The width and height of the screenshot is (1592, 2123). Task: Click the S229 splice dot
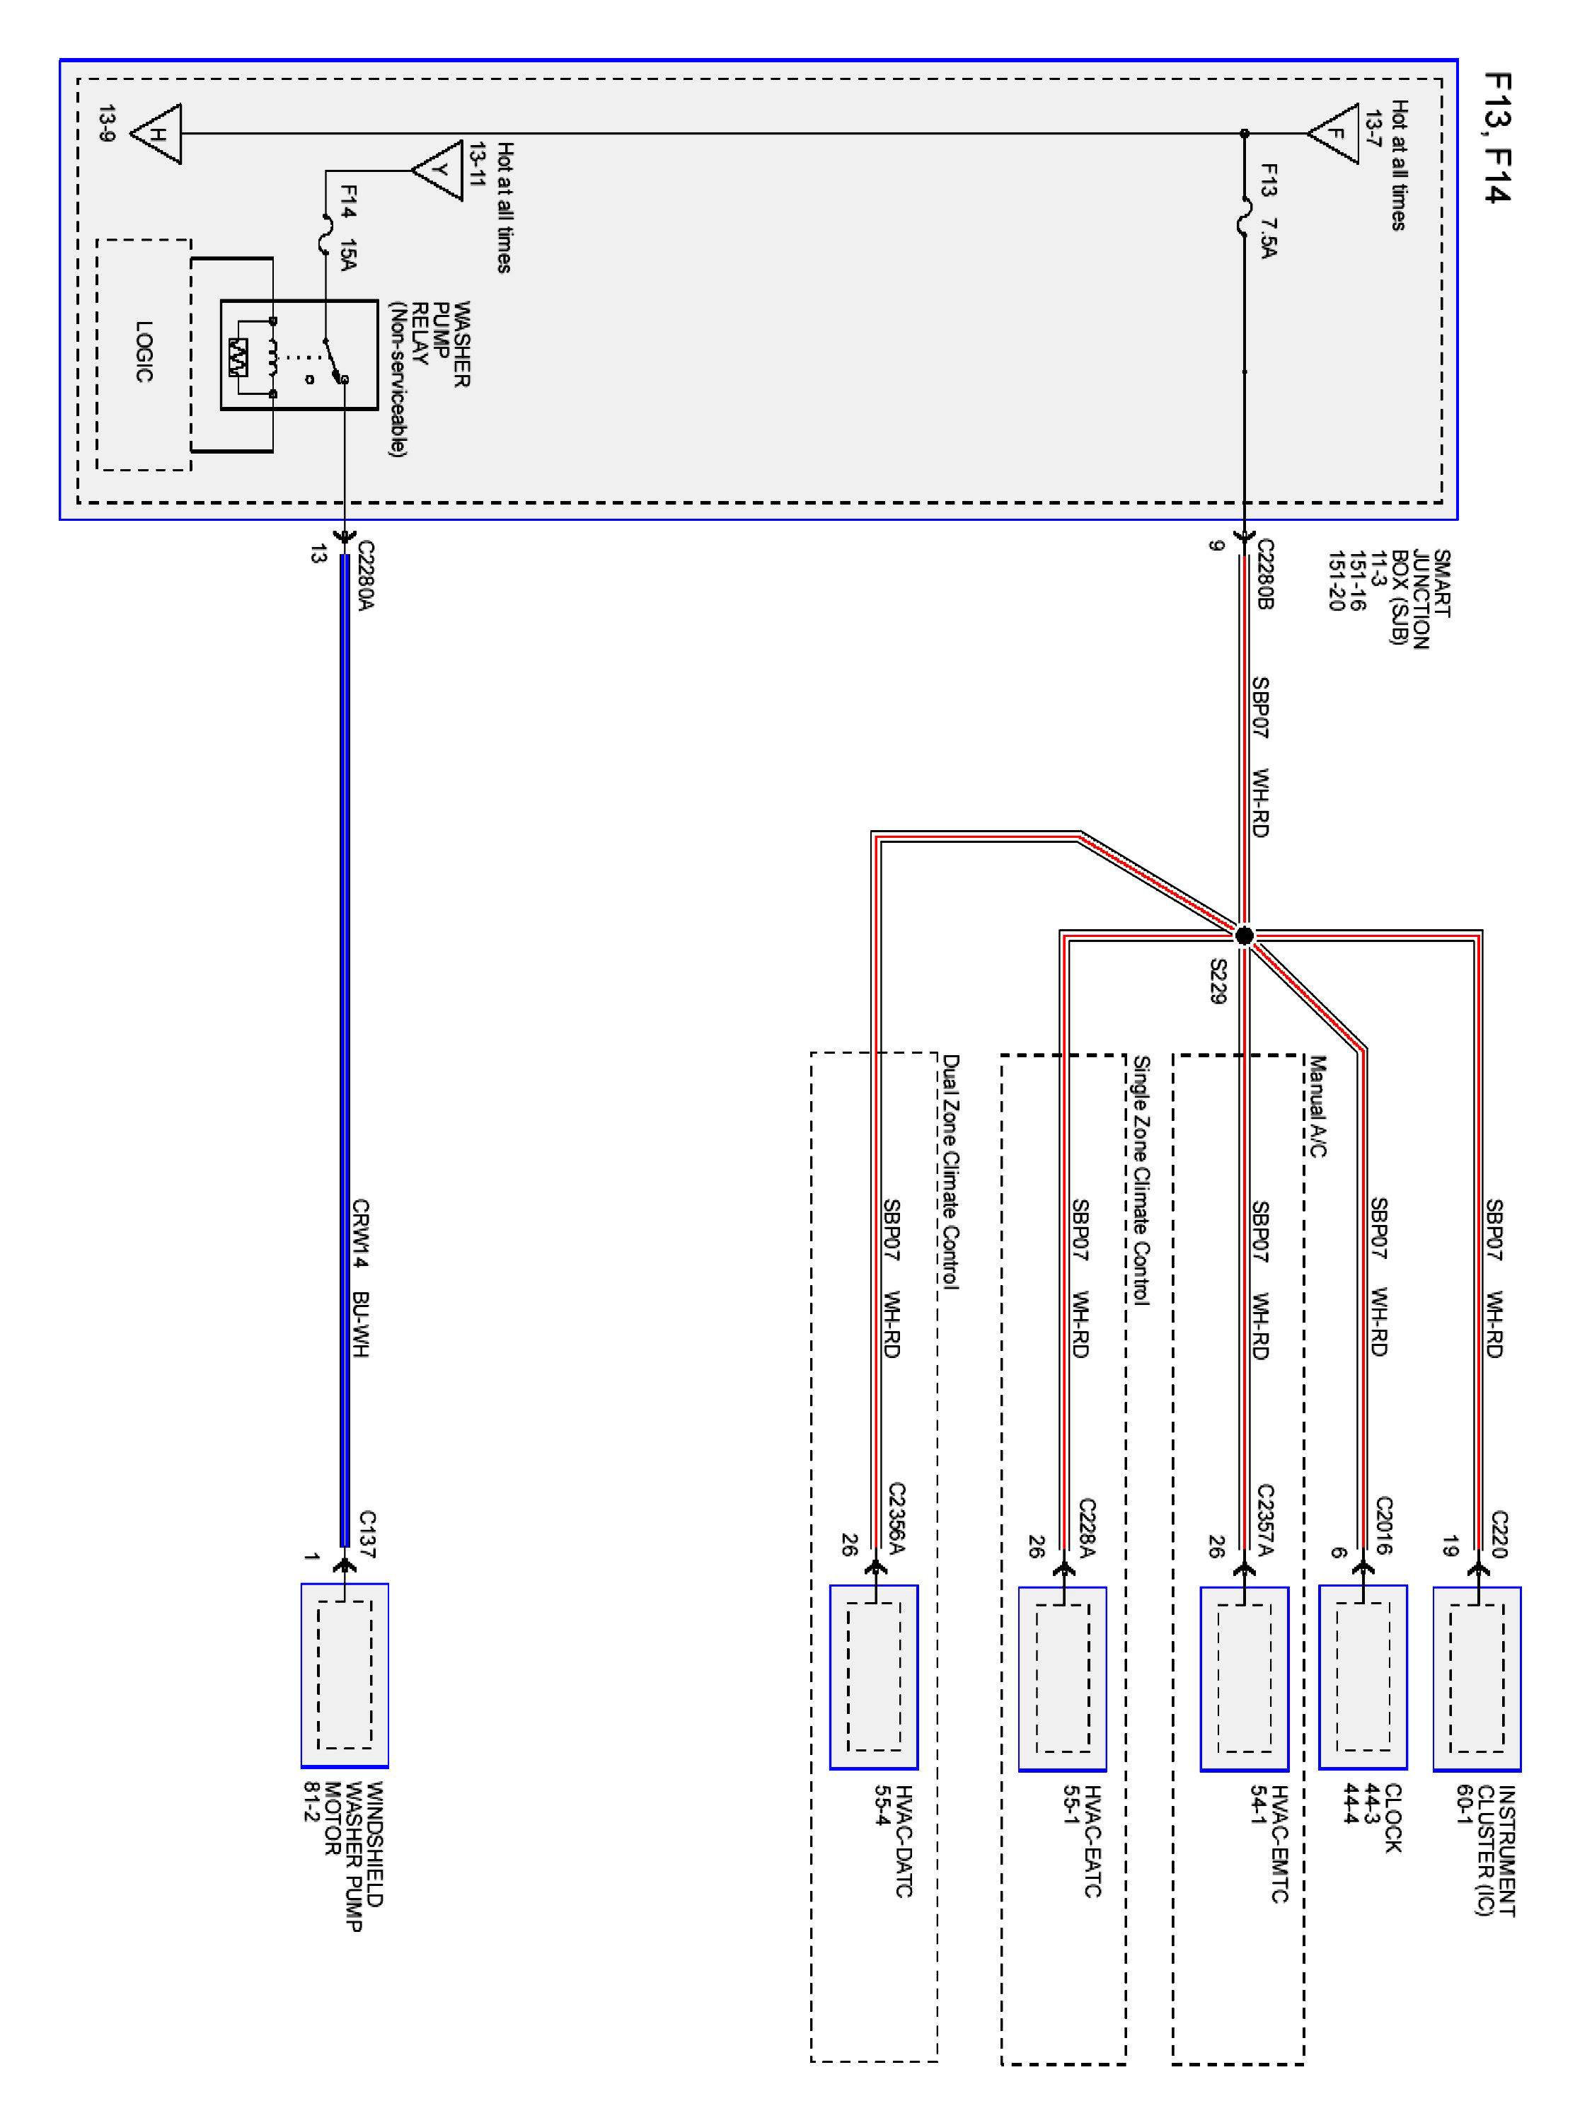1244,935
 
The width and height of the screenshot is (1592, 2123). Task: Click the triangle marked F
1336,134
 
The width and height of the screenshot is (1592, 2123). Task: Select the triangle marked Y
439,171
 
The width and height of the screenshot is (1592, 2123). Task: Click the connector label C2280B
1265,575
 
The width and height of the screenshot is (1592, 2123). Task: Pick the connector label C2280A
364,575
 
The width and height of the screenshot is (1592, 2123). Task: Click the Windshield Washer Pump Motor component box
345,1675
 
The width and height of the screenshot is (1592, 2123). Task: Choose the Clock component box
1363,1676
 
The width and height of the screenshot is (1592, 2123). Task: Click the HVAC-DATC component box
873,1676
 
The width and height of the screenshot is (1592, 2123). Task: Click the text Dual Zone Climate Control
950,1172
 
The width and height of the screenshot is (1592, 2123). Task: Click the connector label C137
367,1534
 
